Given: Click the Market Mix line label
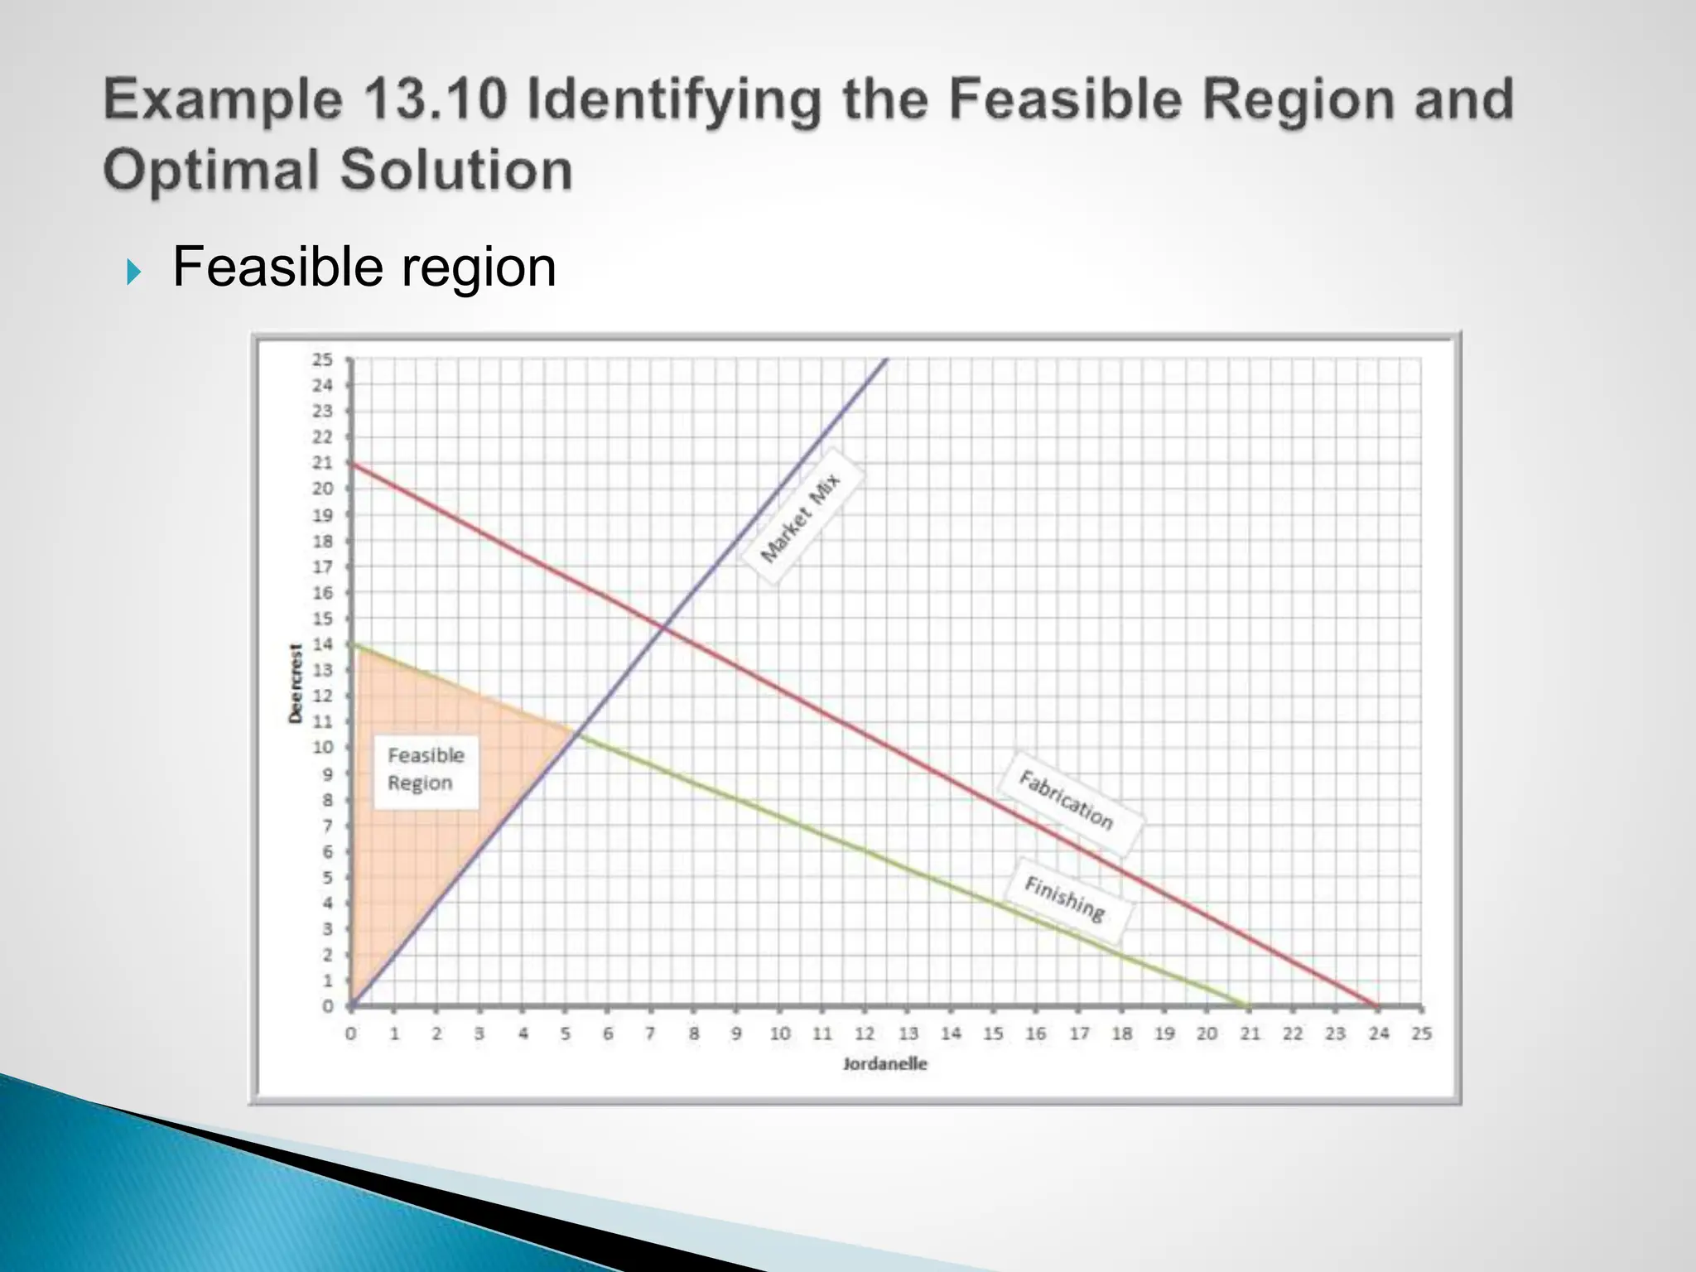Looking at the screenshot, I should pos(801,517).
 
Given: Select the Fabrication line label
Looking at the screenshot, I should pos(1067,800).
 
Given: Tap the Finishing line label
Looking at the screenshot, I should pos(1066,899).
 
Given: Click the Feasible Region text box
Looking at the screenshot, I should pos(426,770).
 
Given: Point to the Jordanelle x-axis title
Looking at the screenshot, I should pos(884,1064).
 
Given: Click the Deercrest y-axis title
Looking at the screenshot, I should pos(296,683).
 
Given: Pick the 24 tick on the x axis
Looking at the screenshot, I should pos(1378,1033).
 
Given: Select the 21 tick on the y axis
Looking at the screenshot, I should pos(322,463).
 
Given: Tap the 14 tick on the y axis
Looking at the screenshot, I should pos(322,644).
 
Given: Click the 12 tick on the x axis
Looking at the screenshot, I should pos(865,1033).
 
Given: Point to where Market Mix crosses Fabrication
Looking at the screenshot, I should pos(663,629).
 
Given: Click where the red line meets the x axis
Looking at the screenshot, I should pos(1378,1006).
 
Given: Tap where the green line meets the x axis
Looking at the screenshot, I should pos(1249,1006).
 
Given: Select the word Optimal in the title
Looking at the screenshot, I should pos(210,170).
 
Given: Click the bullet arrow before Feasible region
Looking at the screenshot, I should pos(134,271).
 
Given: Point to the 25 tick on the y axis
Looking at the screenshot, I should pos(322,359).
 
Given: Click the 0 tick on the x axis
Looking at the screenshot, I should pos(351,1033).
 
